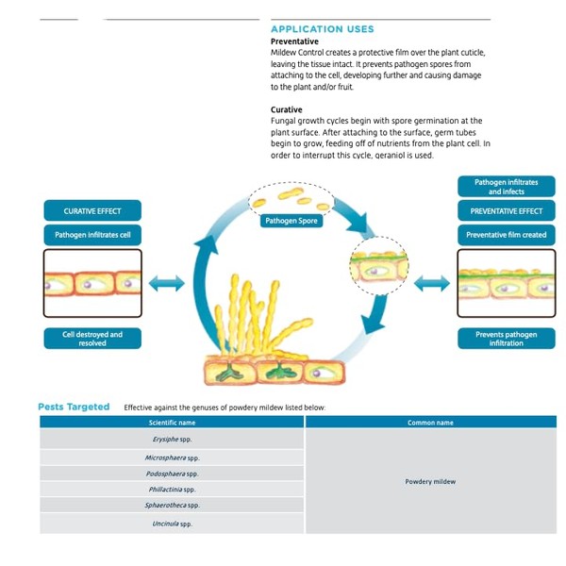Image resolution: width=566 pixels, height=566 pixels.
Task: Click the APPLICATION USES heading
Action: coord(323,29)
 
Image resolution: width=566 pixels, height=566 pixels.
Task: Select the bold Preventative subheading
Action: coord(294,42)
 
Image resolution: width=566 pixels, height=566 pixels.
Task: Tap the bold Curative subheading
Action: coord(287,109)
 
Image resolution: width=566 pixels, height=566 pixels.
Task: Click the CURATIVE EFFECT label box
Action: coord(92,210)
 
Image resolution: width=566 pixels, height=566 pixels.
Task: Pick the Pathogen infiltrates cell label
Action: coord(92,235)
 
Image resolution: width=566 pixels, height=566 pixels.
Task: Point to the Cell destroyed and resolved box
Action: coord(92,339)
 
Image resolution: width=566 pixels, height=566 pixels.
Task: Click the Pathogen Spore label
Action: coord(291,221)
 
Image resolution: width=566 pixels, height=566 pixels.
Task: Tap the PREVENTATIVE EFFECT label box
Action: coord(507,210)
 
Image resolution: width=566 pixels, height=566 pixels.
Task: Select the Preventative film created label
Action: coord(507,235)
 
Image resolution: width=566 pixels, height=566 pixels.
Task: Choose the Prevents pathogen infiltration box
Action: coord(507,339)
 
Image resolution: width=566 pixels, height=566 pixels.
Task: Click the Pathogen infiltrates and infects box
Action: coord(507,187)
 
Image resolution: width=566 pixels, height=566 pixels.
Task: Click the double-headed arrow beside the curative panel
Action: coord(166,283)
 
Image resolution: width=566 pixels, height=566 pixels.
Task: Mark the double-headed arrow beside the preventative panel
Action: coord(432,283)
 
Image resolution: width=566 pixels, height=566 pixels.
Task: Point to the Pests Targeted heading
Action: coord(74,407)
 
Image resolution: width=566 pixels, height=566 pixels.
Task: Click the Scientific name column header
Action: coord(172,423)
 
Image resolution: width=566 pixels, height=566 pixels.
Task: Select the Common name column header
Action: coord(431,423)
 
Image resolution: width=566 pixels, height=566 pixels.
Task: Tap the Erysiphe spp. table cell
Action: coord(172,439)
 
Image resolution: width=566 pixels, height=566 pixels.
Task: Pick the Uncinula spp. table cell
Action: coord(172,524)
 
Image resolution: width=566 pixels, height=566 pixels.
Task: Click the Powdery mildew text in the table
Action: coord(430,481)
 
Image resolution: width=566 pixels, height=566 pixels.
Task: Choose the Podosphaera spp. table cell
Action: coord(172,474)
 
